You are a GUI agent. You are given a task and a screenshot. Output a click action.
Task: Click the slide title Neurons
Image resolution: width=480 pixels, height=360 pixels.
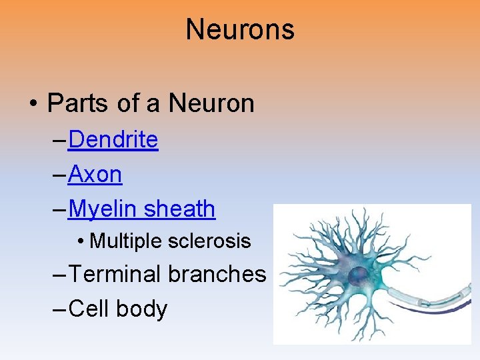point(240,29)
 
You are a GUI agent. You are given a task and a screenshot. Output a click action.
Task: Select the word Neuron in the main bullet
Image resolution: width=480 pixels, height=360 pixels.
point(211,103)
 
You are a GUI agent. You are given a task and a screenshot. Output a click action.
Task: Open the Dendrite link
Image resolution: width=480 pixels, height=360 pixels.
point(113,140)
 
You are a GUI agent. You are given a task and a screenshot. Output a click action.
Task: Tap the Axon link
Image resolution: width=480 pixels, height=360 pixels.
point(95,175)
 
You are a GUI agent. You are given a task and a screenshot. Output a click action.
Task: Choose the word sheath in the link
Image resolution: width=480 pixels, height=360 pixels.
point(179,209)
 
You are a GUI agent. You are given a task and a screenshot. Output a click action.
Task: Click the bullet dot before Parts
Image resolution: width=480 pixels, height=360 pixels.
point(33,104)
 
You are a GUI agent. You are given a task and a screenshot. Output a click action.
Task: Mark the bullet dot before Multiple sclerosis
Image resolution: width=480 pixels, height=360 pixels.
point(80,241)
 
